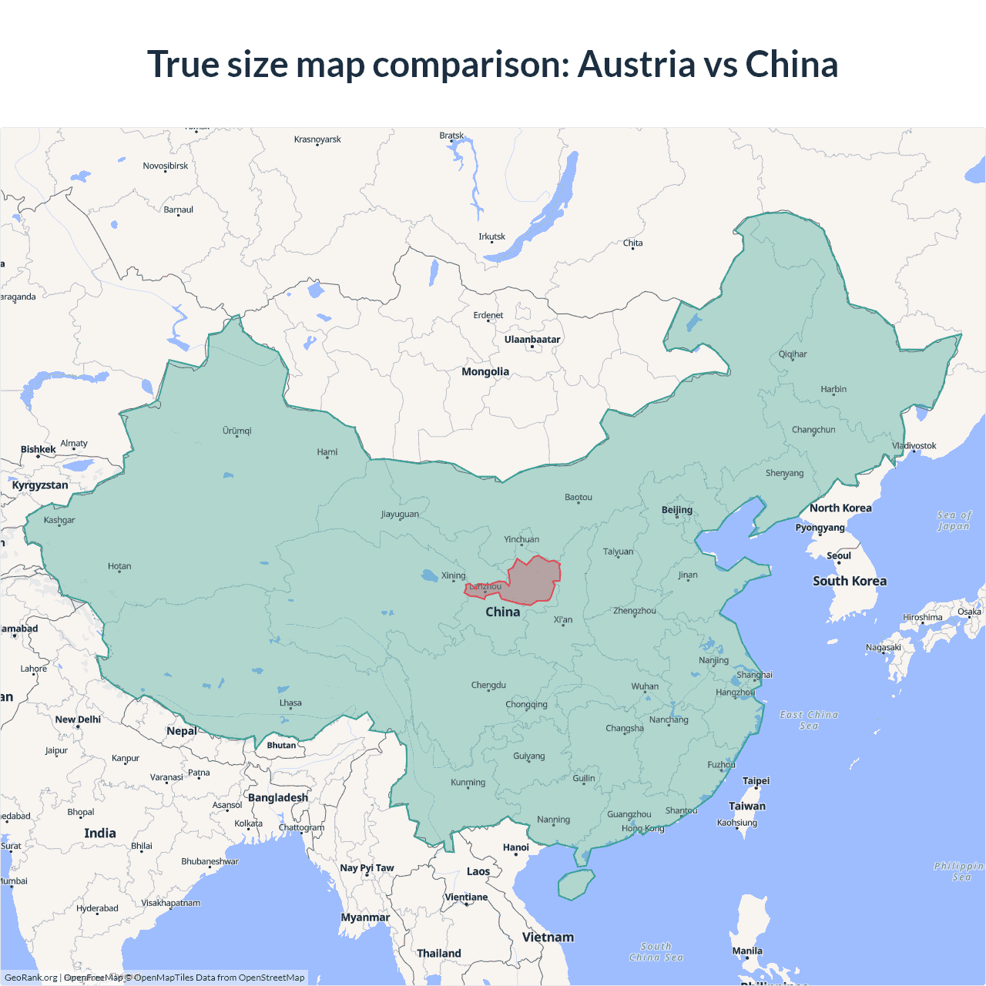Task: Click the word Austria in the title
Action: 636,64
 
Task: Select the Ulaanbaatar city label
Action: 532,339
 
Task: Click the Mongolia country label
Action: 485,371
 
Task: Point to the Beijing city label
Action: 677,510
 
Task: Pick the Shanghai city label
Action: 754,675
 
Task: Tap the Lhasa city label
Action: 290,703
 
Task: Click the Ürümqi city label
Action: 237,431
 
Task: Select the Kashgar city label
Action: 59,520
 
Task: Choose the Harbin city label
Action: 833,389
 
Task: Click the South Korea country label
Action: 850,581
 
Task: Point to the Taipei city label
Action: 756,780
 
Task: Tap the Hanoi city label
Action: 516,847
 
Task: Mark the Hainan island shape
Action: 575,884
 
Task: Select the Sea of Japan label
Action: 954,521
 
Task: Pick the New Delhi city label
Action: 78,719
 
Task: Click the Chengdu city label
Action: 488,685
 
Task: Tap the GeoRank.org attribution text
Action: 31,978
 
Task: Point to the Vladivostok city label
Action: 914,446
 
